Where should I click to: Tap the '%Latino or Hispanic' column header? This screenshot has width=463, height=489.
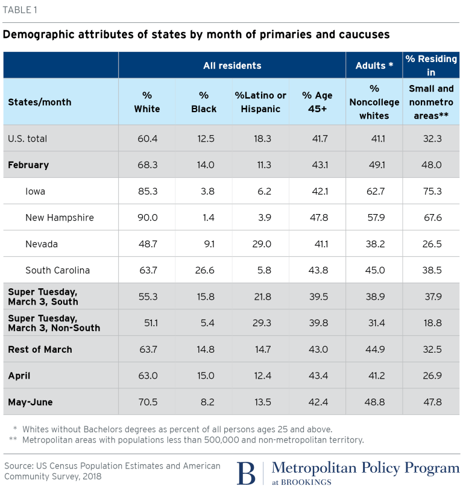coord(260,102)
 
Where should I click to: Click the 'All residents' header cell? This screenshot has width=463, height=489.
coord(232,65)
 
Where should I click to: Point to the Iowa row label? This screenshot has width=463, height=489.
coord(36,191)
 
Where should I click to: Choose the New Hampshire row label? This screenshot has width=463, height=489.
coord(60,218)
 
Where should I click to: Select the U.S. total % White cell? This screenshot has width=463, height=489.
coord(147,139)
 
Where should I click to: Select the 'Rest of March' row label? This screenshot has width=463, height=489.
coord(40,349)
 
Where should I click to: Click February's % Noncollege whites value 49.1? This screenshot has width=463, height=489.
coord(374,165)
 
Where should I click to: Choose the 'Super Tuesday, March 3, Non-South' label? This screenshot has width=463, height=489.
coord(54,323)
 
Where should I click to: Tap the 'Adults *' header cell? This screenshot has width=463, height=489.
coord(374,65)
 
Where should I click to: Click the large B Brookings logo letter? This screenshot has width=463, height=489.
coord(246,473)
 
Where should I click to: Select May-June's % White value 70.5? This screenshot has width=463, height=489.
coord(147,402)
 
